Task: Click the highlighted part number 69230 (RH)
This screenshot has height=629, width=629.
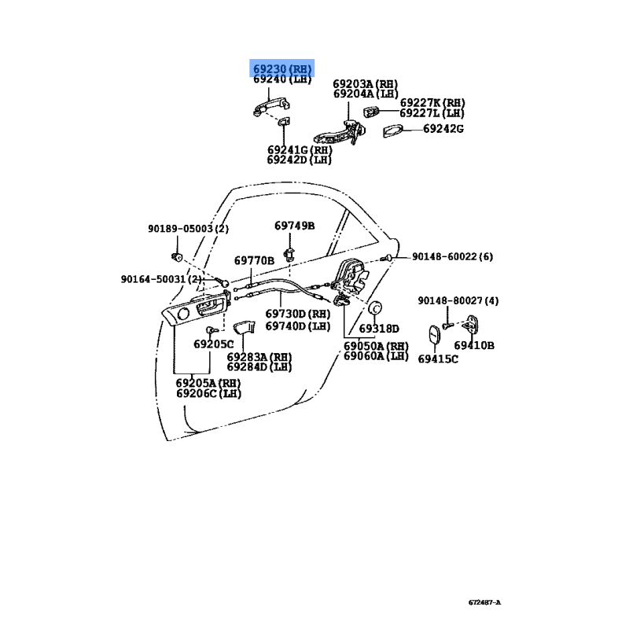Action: click(x=282, y=68)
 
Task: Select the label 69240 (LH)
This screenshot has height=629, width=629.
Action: click(x=282, y=79)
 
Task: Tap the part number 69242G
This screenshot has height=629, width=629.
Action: click(x=443, y=129)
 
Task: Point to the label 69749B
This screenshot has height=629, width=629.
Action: click(x=294, y=226)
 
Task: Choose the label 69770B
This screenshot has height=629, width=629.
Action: click(x=254, y=260)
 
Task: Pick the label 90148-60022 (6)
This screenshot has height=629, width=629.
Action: click(x=454, y=256)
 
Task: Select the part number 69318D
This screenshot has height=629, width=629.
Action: click(x=379, y=329)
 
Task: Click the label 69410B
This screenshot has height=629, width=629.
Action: click(x=474, y=345)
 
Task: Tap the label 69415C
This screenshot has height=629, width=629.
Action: click(x=438, y=359)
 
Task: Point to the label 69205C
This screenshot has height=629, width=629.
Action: click(x=214, y=344)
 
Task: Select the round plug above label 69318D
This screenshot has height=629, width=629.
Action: click(x=374, y=307)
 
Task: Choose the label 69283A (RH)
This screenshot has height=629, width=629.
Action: click(x=259, y=357)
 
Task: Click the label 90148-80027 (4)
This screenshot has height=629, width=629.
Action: click(x=458, y=301)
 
